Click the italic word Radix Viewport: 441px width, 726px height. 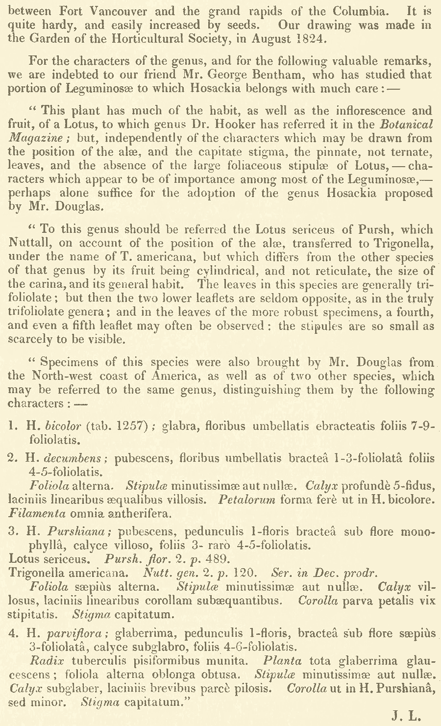tap(43, 661)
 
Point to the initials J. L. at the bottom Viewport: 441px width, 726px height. tap(406, 715)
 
